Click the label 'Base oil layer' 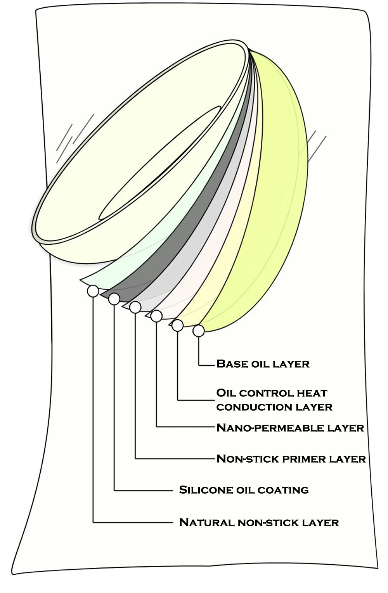263,364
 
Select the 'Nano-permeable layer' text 290,427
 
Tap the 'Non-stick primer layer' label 291,458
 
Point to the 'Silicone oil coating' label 244,490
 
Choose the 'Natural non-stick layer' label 259,522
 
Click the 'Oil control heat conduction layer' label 274,400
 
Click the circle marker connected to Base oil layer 199,331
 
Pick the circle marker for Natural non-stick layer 93,291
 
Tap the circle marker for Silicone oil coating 114,299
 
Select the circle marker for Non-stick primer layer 135,307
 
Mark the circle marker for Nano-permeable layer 156,316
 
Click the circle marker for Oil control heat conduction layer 177,325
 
